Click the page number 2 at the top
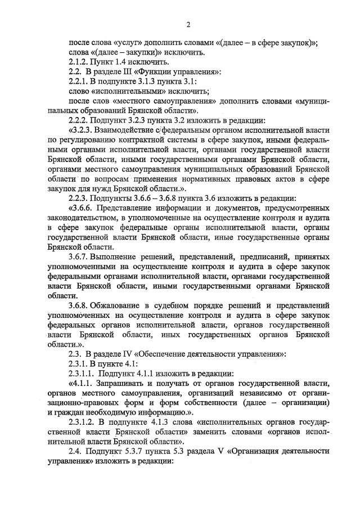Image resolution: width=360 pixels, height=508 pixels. pyautogui.click(x=188, y=24)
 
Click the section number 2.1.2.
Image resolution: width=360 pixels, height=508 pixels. pyautogui.click(x=79, y=62)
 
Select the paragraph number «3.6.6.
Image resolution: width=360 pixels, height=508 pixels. pyautogui.click(x=80, y=208)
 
